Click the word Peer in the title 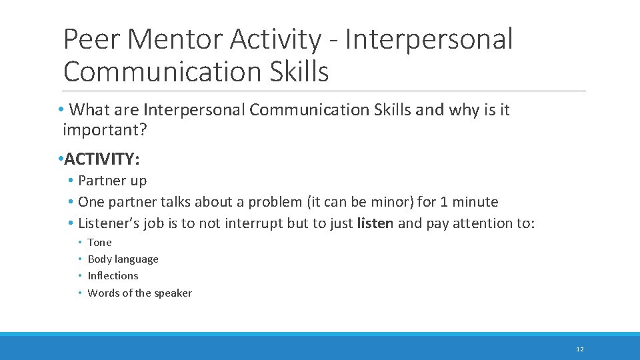91,39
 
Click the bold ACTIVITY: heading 102,159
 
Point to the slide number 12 579,349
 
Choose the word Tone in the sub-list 100,242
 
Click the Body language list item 123,259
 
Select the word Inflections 113,275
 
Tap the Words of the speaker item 139,293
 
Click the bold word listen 375,223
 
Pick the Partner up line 112,180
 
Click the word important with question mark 105,129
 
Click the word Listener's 106,223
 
